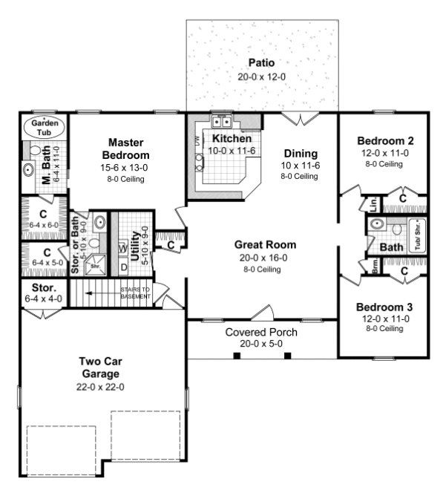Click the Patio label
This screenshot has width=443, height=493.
(x=261, y=61)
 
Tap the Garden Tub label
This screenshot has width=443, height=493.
(x=45, y=128)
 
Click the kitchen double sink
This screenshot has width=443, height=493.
(x=221, y=123)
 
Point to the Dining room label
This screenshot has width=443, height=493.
(x=299, y=154)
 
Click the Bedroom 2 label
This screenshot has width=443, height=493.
(x=384, y=141)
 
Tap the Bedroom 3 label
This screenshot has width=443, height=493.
(x=384, y=307)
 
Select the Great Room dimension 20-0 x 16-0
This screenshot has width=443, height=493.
(x=265, y=257)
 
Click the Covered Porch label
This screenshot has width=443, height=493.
(x=261, y=332)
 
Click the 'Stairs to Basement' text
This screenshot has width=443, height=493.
(x=135, y=293)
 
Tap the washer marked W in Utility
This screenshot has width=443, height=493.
(x=123, y=249)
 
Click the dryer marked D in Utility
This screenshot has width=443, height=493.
(x=123, y=266)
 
